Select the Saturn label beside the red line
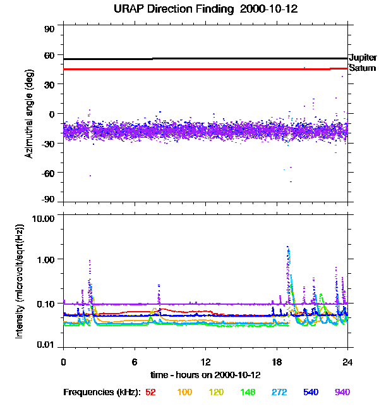[362, 68]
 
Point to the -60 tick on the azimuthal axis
[47, 173]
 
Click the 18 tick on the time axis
[276, 362]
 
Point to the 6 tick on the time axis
[135, 362]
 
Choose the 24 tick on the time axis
[347, 362]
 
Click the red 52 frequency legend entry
[150, 392]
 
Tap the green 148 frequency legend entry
[248, 392]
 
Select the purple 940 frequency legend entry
[342, 392]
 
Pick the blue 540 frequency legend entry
[310, 392]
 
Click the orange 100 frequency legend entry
[184, 392]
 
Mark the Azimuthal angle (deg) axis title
[29, 114]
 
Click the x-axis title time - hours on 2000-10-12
[205, 375]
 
